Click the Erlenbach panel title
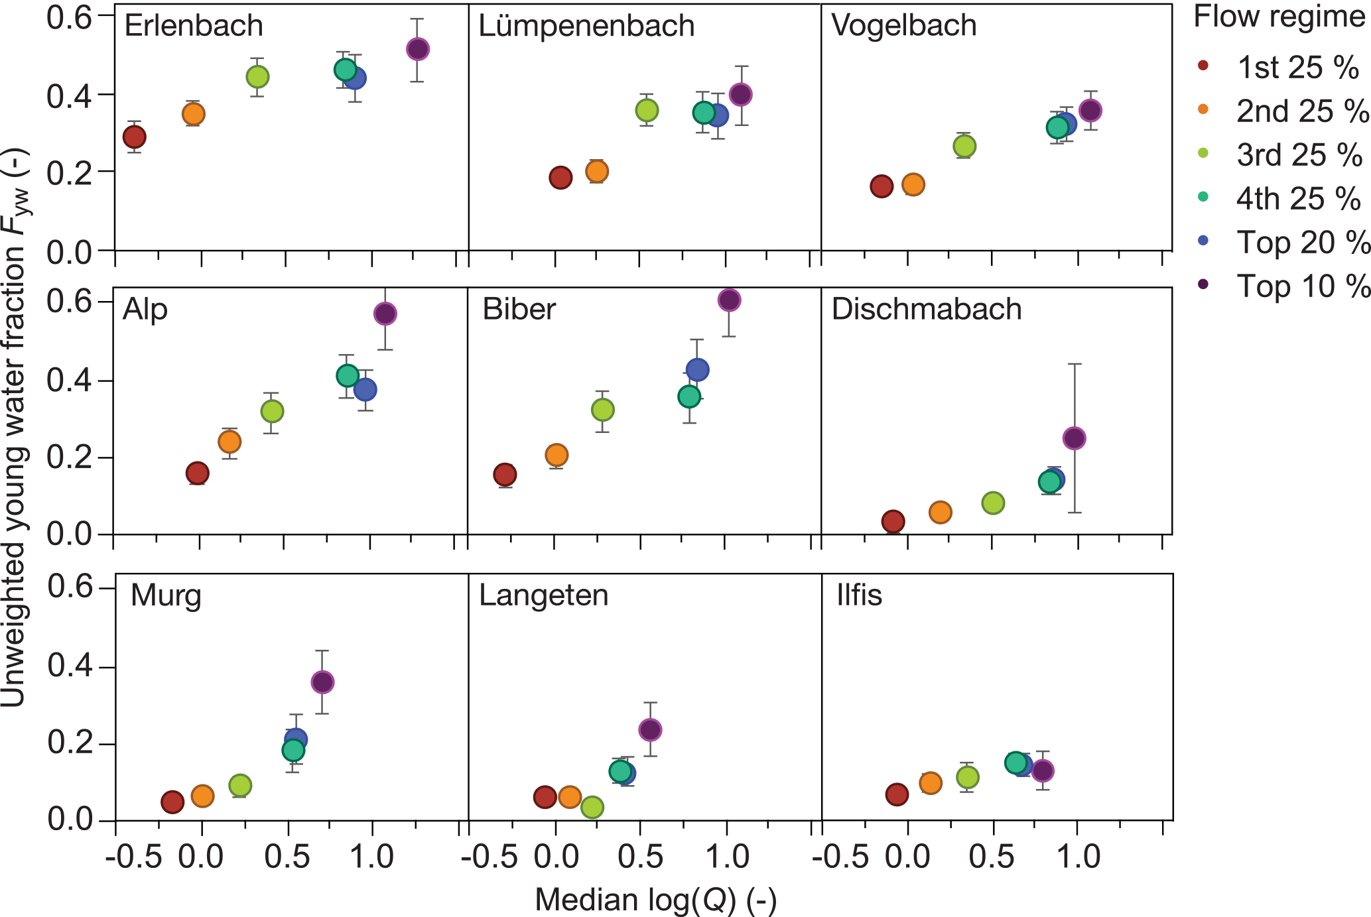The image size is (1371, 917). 194,26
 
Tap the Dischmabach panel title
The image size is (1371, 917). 927,309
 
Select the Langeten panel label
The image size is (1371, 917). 543,595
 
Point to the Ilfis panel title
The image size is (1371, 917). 859,595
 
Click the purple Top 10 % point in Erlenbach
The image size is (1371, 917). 417,49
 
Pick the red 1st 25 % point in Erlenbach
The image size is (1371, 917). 135,137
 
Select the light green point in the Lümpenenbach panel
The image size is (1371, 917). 647,110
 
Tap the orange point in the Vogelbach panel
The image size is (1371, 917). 913,184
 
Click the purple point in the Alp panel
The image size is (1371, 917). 385,314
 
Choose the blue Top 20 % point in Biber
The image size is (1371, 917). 697,369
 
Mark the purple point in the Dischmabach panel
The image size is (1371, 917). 1074,438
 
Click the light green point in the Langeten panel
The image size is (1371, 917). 592,807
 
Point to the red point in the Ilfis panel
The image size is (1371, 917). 897,794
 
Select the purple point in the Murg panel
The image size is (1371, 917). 322,682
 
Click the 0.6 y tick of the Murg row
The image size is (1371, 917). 70,588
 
